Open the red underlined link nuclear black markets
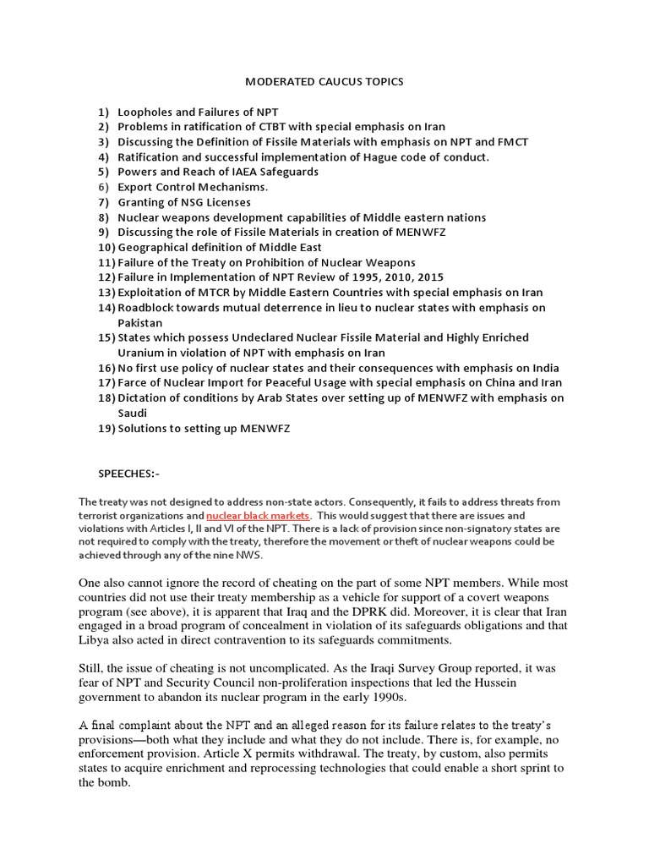coord(259,514)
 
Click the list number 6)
coord(104,187)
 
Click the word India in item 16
coord(543,368)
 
